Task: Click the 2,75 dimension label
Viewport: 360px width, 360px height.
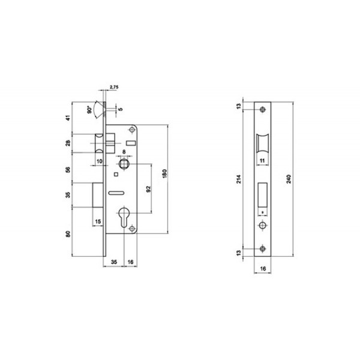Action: point(114,87)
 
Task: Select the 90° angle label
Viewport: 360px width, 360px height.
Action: point(89,110)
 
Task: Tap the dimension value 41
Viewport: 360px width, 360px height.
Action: point(68,118)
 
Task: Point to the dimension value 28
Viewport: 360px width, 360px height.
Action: point(68,143)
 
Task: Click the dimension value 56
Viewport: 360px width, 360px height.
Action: point(68,170)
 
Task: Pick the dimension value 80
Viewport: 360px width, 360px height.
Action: point(68,234)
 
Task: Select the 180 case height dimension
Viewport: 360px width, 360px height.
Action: point(164,174)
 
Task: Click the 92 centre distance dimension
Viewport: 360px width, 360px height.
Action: point(149,189)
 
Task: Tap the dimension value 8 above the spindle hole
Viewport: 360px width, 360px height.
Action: point(124,152)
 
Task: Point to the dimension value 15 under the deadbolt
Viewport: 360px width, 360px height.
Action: point(98,222)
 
